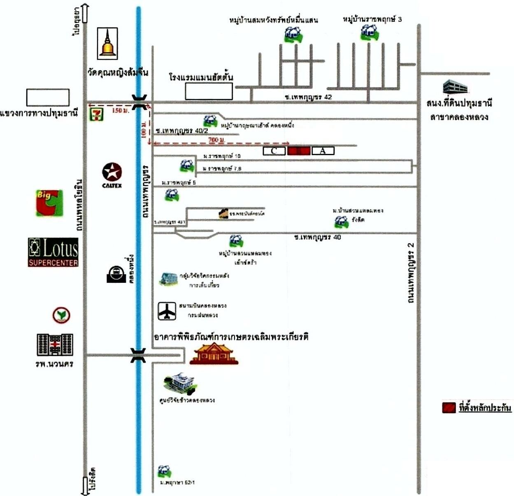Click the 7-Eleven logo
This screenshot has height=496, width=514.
pyautogui.click(x=97, y=114)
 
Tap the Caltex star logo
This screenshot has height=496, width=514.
pyautogui.click(x=112, y=172)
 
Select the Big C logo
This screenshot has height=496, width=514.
pyautogui.click(x=49, y=203)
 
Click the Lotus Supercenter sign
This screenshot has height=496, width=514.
pyautogui.click(x=53, y=252)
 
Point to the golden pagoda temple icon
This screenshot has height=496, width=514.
pyautogui.click(x=107, y=43)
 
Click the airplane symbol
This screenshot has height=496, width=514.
pyautogui.click(x=167, y=311)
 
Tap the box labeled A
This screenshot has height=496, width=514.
pyautogui.click(x=323, y=151)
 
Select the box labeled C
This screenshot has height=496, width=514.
pyautogui.click(x=274, y=151)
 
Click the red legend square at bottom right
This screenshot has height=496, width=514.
pyautogui.click(x=449, y=407)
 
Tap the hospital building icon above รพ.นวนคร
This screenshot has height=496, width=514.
pyautogui.click(x=55, y=345)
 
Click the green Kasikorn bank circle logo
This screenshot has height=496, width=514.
pyautogui.click(x=61, y=315)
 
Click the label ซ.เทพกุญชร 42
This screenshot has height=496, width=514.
pyautogui.click(x=308, y=97)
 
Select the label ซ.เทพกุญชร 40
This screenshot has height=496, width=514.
pyautogui.click(x=317, y=238)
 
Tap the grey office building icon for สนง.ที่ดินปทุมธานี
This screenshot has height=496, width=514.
pyautogui.click(x=455, y=87)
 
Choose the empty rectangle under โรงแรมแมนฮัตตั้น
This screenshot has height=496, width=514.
pyautogui.click(x=209, y=91)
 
